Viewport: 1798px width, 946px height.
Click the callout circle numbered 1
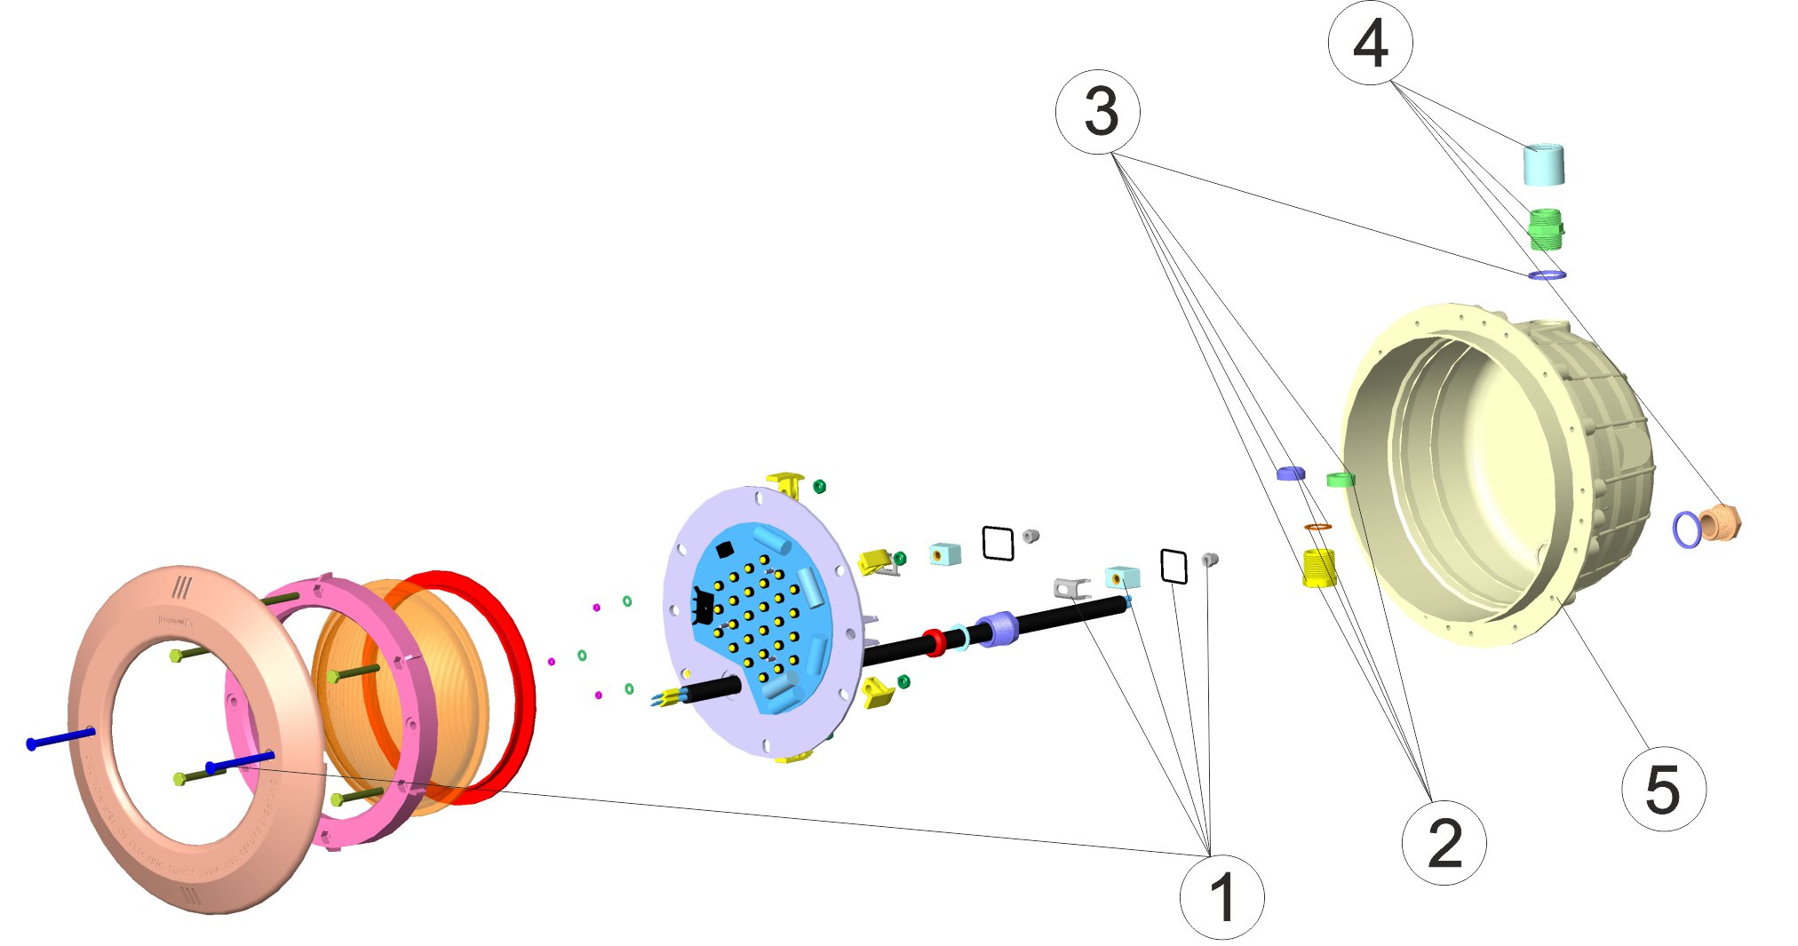click(1221, 896)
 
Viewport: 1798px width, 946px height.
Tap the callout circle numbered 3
click(1098, 113)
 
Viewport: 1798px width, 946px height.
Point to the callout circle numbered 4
click(1370, 43)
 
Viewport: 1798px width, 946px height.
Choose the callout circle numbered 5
click(1663, 789)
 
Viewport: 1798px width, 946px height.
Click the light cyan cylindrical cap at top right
click(1544, 165)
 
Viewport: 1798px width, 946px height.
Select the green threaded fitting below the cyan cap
click(1545, 229)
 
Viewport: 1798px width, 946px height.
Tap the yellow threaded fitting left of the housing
click(1318, 568)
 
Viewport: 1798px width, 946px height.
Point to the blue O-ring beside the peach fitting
click(1686, 529)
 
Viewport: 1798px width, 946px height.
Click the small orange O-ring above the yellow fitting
click(1318, 528)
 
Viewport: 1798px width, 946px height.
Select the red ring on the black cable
click(934, 642)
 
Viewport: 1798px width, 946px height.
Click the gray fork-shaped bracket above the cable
click(1071, 587)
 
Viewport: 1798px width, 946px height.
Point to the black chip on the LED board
click(724, 550)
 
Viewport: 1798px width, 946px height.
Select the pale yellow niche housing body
click(1501, 471)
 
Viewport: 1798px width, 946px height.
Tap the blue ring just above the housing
click(1547, 275)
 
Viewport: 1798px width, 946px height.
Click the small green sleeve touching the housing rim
click(1340, 481)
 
